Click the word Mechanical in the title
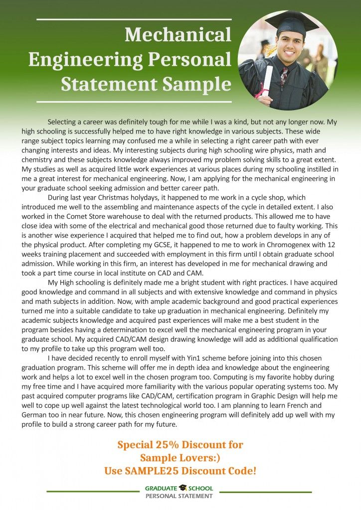[x=178, y=35]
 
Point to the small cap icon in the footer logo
[x=183, y=488]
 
